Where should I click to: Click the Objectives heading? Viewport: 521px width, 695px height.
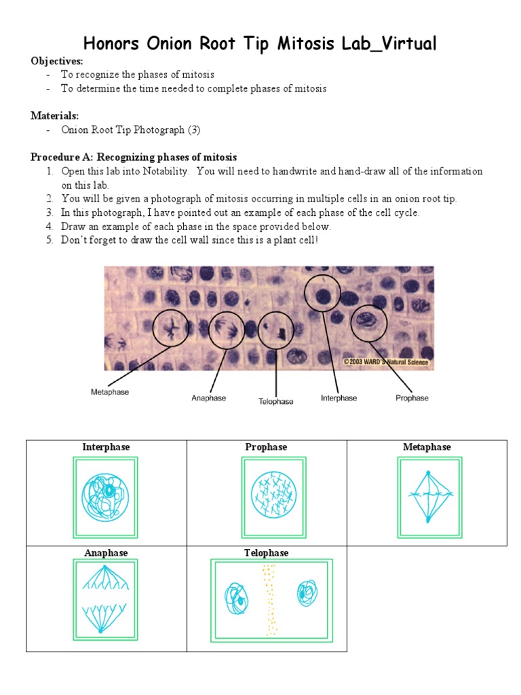point(56,61)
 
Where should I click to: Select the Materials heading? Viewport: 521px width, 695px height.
point(54,115)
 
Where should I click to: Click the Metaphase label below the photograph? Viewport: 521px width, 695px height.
point(110,392)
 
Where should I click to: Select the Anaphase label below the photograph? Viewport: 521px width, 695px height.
point(208,398)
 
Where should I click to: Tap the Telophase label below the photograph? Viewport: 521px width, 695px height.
point(275,402)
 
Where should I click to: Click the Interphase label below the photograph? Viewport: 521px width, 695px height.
point(339,398)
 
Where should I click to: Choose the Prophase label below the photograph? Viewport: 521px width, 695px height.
point(412,398)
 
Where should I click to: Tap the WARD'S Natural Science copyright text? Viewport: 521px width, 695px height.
point(385,362)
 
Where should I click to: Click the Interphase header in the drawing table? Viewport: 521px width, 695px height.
point(106,447)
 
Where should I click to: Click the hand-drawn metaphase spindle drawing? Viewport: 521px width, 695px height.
point(427,496)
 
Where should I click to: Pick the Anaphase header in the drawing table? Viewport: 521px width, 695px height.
point(106,553)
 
